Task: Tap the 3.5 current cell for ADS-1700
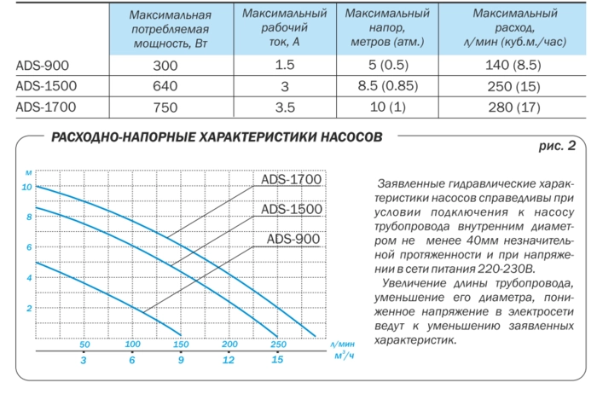285,107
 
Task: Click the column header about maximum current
285,26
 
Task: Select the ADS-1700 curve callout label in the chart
291,179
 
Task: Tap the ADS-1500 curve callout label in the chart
291,209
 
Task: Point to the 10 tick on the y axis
27,187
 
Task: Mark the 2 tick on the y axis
28,308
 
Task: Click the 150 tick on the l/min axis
180,345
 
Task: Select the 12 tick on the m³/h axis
229,361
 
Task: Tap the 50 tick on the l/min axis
84,345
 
